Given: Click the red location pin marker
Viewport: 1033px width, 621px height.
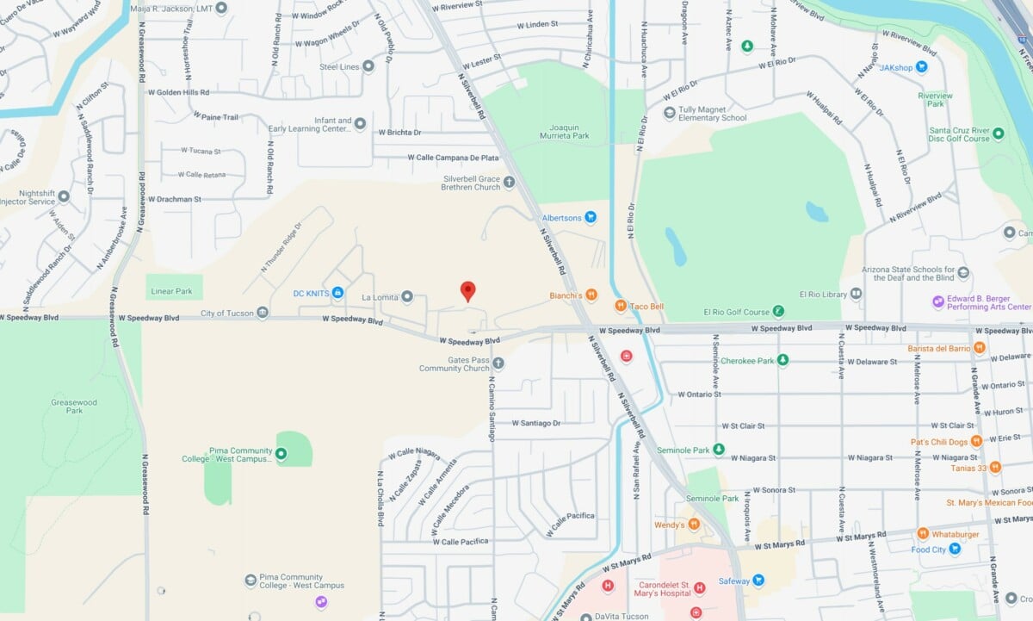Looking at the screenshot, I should (467, 290).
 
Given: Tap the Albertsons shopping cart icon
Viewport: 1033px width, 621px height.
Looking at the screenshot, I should (591, 217).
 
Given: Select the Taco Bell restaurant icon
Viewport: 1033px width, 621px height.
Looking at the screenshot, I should (620, 306).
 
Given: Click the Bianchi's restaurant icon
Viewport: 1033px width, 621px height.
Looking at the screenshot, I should (591, 295).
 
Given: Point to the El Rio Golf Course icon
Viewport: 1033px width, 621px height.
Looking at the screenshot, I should (777, 312).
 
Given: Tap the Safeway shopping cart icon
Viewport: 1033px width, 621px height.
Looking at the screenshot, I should (758, 581).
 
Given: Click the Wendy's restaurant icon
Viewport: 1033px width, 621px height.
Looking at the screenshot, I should (694, 525).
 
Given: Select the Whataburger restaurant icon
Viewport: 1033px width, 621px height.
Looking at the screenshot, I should (923, 534).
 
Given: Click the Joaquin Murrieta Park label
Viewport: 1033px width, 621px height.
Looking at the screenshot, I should (564, 131).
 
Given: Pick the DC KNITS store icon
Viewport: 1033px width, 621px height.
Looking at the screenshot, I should (338, 294).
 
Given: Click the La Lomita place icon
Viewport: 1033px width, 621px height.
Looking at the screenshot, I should (407, 297).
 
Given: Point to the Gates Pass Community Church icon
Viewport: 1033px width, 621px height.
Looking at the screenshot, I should (498, 363).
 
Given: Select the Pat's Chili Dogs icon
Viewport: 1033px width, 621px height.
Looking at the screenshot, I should (976, 442).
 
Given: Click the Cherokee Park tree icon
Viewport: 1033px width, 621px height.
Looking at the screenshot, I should (782, 360).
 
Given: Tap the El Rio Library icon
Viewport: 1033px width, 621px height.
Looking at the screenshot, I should (856, 294).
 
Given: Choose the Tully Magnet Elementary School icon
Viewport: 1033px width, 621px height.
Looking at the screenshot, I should (670, 113).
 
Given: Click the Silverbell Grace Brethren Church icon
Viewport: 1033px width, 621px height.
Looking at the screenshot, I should (509, 182).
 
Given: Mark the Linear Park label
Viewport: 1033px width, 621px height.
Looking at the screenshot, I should (172, 291).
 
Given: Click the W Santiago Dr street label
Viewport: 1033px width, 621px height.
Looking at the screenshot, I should (535, 423).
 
